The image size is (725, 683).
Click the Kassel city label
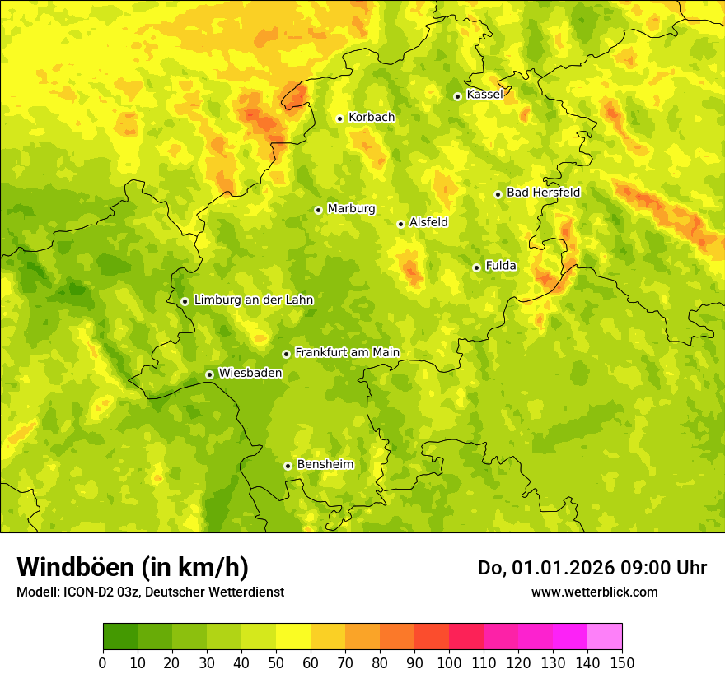point(484,95)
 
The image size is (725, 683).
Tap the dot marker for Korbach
point(339,118)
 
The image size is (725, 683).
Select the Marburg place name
point(351,209)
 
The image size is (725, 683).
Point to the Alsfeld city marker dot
point(401,224)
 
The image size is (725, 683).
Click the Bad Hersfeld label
point(543,193)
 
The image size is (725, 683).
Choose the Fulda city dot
point(476,267)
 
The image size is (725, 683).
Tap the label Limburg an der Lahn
point(254,300)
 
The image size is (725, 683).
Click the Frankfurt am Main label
point(347,353)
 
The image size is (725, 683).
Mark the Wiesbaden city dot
point(209,374)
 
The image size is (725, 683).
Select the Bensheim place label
point(325,465)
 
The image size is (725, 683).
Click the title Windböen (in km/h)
point(133,567)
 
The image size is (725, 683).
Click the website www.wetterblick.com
point(594,592)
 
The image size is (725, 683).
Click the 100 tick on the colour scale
point(449,662)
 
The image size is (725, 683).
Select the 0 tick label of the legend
point(103,662)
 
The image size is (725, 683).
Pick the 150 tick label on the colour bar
point(622,662)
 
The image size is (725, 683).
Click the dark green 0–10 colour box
point(120,637)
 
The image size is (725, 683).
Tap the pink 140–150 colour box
point(605,637)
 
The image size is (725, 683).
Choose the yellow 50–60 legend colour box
point(293,637)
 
